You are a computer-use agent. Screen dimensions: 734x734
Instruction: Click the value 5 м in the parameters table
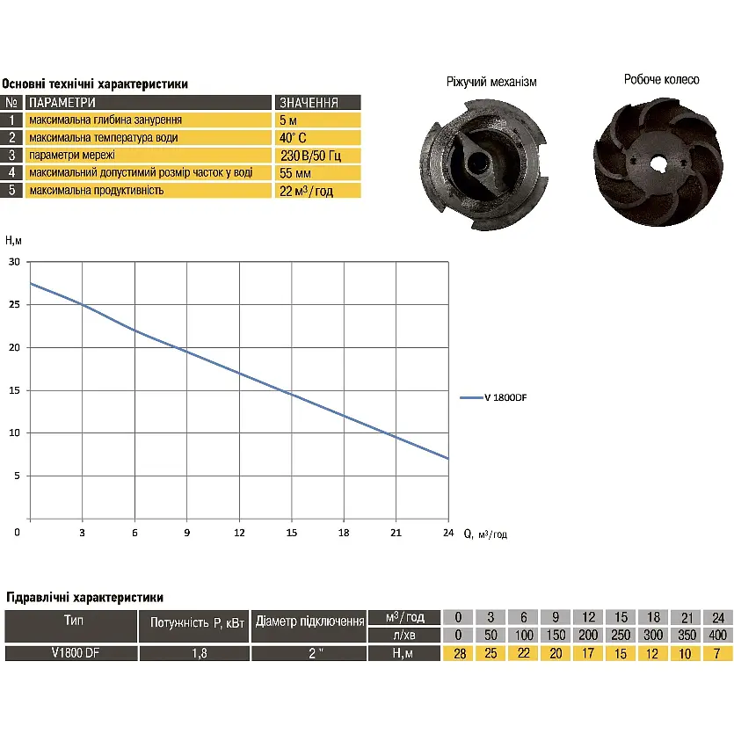(x=288, y=120)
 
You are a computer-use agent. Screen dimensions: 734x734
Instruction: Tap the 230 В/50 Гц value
(x=310, y=156)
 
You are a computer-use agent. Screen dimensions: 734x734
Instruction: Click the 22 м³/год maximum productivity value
(x=306, y=191)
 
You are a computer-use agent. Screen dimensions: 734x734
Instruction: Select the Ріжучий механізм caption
(x=491, y=83)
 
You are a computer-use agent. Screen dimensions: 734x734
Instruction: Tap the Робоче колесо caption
(x=661, y=80)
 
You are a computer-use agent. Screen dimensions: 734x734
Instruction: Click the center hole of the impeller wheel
(x=659, y=163)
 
